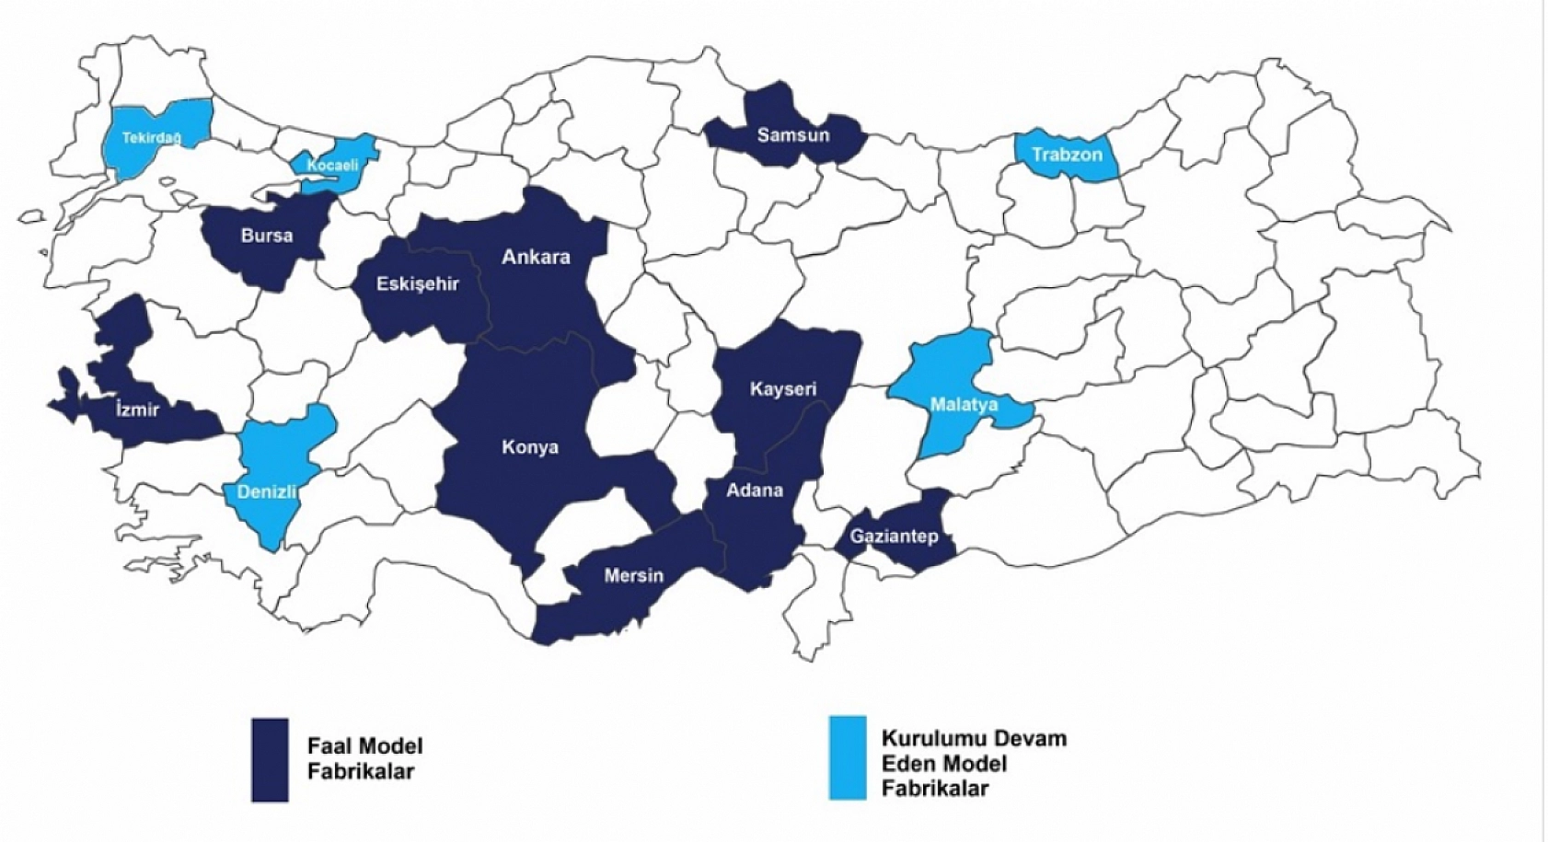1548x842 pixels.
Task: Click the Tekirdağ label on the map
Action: pyautogui.click(x=152, y=138)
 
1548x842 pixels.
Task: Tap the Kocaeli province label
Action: pyautogui.click(x=332, y=166)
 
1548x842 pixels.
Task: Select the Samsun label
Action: pyautogui.click(x=792, y=135)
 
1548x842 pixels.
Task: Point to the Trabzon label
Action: pyautogui.click(x=1066, y=154)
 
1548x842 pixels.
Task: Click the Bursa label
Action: pyautogui.click(x=267, y=236)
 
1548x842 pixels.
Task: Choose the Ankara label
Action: pyautogui.click(x=536, y=257)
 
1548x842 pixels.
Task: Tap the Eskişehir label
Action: pyautogui.click(x=417, y=283)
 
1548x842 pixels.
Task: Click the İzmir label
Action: pyautogui.click(x=137, y=409)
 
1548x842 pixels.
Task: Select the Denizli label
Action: pyautogui.click(x=267, y=491)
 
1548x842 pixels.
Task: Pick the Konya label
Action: pyautogui.click(x=529, y=447)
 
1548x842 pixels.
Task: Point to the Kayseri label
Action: pyautogui.click(x=782, y=388)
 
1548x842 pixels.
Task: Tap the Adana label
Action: pyautogui.click(x=755, y=490)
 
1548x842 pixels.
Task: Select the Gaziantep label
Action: pyautogui.click(x=894, y=536)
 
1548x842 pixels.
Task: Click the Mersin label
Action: pyautogui.click(x=633, y=575)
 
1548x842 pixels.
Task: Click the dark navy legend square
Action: pyautogui.click(x=270, y=759)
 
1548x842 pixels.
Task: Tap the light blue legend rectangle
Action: pyautogui.click(x=847, y=756)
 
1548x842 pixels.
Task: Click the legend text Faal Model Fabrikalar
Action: pyautogui.click(x=364, y=758)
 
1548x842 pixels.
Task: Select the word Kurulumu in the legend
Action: pyautogui.click(x=924, y=738)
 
